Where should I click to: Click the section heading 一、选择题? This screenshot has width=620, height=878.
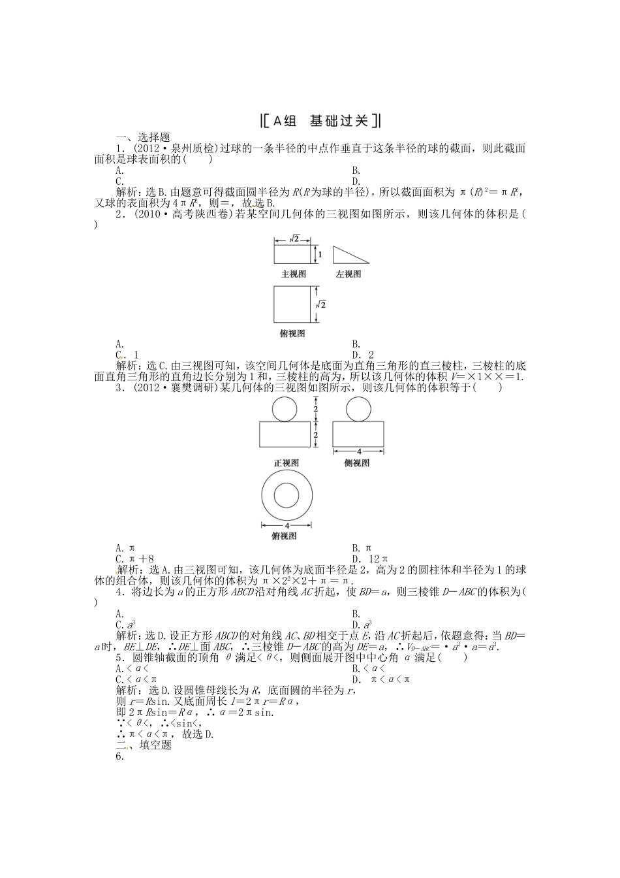click(x=142, y=138)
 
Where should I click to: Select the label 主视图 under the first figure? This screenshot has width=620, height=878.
click(x=293, y=274)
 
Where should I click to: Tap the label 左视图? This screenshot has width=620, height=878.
click(x=349, y=274)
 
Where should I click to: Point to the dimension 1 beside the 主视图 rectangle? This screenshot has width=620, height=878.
click(x=320, y=253)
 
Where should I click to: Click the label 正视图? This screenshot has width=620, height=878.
click(x=287, y=463)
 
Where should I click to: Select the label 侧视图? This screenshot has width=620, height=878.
click(x=357, y=463)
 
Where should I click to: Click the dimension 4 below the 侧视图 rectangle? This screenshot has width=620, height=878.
click(x=358, y=451)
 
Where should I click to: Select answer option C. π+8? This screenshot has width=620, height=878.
click(x=134, y=559)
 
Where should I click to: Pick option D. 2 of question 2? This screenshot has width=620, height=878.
click(x=362, y=355)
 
